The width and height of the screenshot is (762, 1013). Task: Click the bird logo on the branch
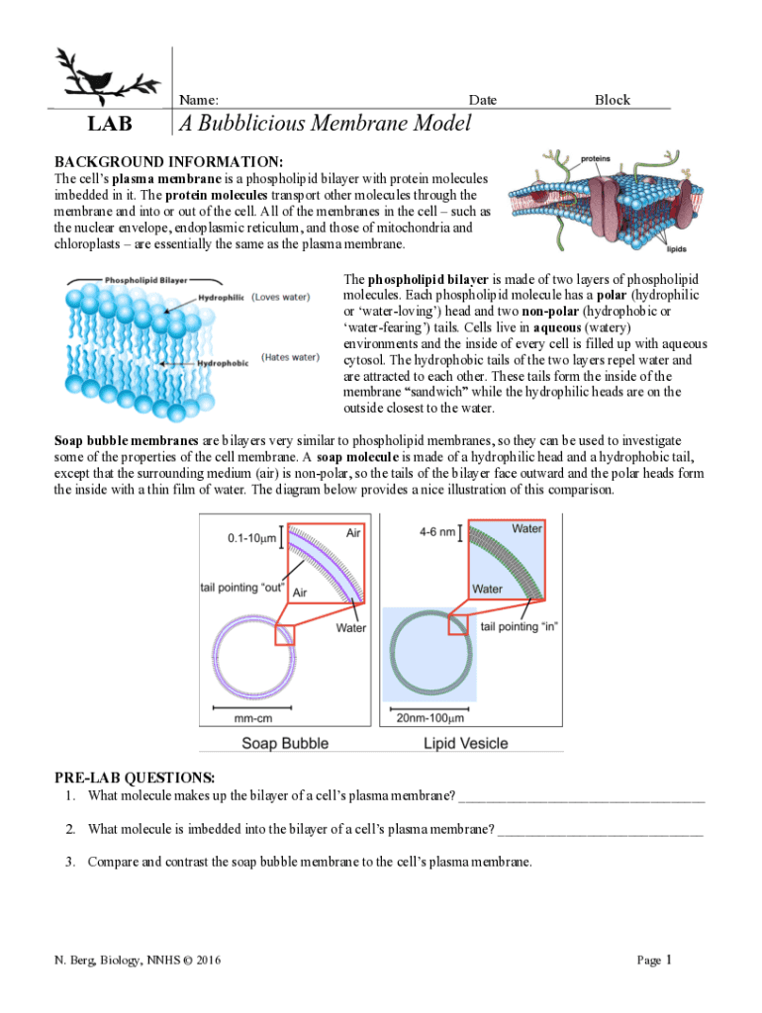tap(107, 76)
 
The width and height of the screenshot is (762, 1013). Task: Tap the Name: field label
tap(199, 100)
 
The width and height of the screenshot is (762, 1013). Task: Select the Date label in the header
tap(483, 100)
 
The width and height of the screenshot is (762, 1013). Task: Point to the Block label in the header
tap(612, 100)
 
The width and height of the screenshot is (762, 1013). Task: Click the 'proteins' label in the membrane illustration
tap(595, 158)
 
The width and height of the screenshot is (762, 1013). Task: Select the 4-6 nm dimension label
tap(437, 531)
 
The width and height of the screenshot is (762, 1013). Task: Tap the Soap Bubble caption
tap(286, 743)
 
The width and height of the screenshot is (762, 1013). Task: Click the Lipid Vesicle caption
tap(466, 743)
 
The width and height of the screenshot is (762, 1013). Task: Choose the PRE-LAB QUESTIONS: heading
tap(135, 779)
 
